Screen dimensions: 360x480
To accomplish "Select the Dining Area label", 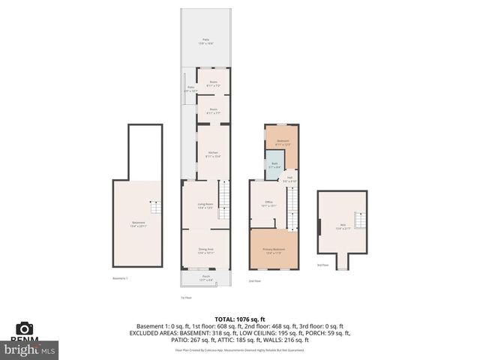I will point(206,250).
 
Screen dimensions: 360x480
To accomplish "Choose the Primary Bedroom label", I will point(273,250).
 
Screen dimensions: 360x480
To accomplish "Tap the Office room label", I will point(268,203).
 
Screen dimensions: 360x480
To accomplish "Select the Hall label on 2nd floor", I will point(289,179).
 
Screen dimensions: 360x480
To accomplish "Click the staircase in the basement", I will point(154,208).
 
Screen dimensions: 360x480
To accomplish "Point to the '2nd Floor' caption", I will point(254,281).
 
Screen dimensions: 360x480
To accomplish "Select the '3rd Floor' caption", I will point(322,265).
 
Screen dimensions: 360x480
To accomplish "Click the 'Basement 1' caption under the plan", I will point(121,278).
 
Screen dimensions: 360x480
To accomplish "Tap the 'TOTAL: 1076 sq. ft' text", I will point(239,318).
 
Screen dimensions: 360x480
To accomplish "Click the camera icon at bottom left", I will point(24,328).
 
